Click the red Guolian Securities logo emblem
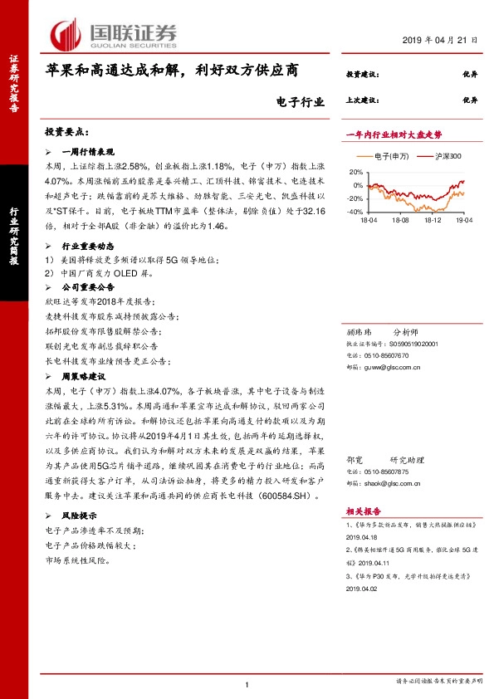point(66,35)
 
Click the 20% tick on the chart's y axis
point(357,171)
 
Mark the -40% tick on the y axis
point(355,213)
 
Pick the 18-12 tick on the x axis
point(433,221)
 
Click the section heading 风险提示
point(80,516)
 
